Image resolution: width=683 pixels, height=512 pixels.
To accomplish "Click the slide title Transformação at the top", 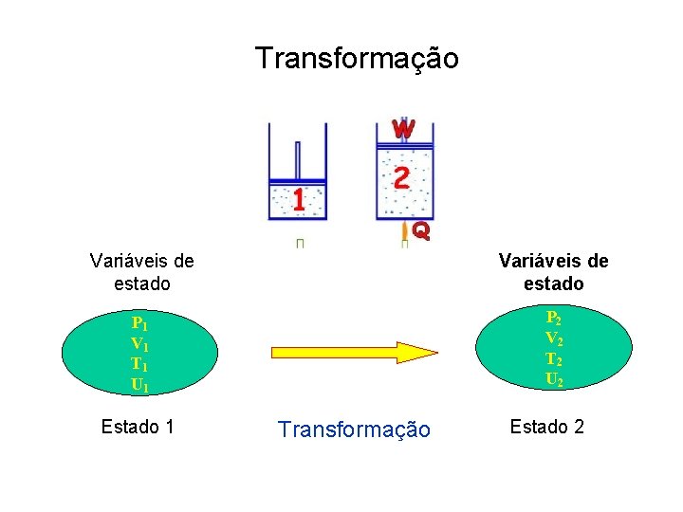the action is point(356,59).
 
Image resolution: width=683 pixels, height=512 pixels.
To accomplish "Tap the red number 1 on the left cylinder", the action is point(298,200).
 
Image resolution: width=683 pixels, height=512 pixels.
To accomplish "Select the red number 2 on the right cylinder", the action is point(401,178).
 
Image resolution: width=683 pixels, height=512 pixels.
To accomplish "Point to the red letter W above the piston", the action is point(403,127).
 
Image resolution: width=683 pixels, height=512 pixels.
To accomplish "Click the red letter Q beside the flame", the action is point(421,229).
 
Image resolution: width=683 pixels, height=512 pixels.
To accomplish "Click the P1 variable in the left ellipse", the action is point(139,322).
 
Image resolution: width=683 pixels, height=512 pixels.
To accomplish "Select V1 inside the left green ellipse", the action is point(139,343).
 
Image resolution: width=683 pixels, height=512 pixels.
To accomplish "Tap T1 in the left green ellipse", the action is point(139,364).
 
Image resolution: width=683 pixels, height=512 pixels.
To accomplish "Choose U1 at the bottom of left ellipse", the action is point(139,385).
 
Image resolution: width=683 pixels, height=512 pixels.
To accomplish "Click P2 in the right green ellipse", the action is point(553,318).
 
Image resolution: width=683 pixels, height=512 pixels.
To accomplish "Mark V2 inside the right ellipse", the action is point(553,338).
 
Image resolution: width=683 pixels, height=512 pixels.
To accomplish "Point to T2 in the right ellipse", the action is point(553,358).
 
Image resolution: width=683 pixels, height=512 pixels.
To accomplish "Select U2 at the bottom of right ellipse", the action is point(553,379).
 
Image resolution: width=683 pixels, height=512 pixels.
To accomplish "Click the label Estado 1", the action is point(138,427).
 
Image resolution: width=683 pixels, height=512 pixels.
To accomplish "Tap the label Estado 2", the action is point(546,426).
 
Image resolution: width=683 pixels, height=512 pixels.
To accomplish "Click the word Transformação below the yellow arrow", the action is point(354,430).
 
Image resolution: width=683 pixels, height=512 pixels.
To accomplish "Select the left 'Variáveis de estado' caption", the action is point(141,271).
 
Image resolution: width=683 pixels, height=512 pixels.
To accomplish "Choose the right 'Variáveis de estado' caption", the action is point(553,272).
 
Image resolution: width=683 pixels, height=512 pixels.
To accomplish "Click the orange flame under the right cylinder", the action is point(405,230).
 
